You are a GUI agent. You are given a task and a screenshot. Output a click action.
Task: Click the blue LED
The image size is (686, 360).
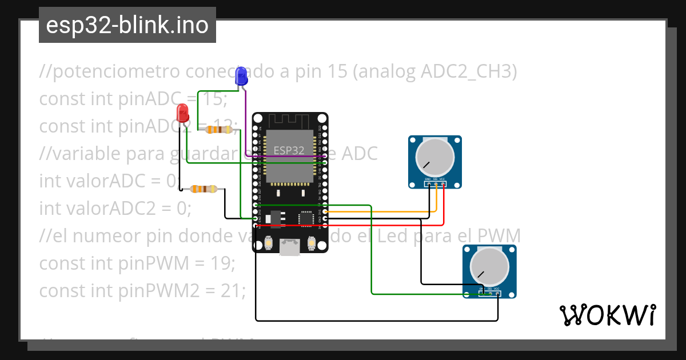coord(241,76)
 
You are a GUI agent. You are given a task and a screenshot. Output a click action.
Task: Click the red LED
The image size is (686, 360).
coord(182,112)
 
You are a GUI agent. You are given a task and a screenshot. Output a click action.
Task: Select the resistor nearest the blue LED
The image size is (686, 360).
coord(219,130)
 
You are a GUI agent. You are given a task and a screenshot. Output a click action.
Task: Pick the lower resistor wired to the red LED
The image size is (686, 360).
coord(203,189)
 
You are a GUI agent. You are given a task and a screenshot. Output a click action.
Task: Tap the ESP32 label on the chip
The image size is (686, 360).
coord(289,151)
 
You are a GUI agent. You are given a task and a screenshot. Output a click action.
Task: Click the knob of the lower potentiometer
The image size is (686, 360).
coord(489,267)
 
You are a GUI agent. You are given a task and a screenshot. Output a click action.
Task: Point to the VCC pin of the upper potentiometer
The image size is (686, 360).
coord(442,184)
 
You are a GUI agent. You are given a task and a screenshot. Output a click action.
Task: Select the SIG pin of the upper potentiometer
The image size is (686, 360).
coord(436,184)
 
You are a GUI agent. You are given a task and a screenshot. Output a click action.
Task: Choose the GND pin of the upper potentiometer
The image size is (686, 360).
coord(428,184)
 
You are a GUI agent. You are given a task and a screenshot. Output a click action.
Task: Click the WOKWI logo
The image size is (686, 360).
coord(607,315)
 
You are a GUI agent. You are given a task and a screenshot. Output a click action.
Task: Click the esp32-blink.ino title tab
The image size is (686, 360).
coord(127,25)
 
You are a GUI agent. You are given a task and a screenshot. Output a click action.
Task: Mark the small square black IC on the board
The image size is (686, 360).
coord(306,218)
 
